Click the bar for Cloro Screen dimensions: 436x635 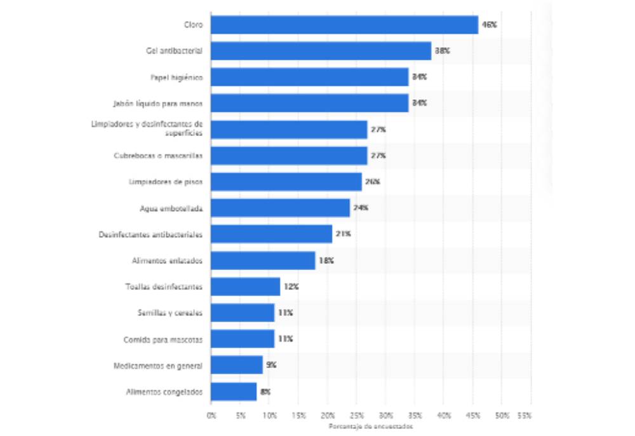click(x=344, y=25)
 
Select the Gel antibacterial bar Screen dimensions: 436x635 click(x=321, y=51)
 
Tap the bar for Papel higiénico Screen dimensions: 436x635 click(x=309, y=77)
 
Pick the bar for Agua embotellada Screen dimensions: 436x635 click(x=280, y=208)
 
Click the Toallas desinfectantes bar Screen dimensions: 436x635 click(x=245, y=287)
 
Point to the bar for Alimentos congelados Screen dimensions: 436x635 click(x=234, y=392)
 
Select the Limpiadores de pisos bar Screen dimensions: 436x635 click(x=286, y=182)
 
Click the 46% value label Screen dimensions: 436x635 click(x=489, y=25)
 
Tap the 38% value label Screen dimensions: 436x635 click(x=442, y=51)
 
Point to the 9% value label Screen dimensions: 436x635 click(x=271, y=365)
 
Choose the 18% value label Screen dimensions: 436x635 click(x=326, y=261)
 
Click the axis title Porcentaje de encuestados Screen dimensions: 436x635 click(x=370, y=426)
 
